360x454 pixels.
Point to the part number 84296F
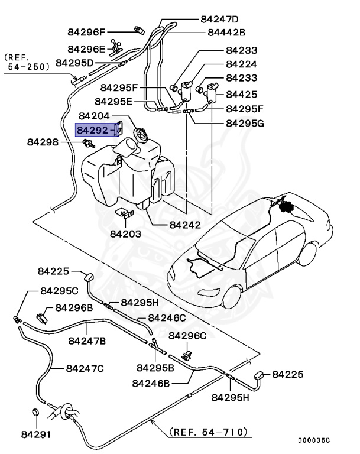[86, 32]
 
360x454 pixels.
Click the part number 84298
[44, 142]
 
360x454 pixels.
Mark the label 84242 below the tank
[185, 225]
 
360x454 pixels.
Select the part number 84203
[125, 234]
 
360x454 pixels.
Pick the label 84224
[241, 64]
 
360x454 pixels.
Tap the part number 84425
[241, 94]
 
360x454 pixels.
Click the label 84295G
[245, 124]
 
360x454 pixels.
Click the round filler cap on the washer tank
[141, 135]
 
